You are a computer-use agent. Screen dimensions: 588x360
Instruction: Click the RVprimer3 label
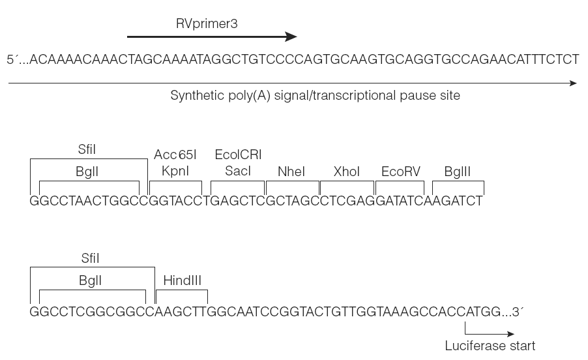[207, 24]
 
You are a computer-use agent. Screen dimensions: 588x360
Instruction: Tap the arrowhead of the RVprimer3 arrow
[291, 37]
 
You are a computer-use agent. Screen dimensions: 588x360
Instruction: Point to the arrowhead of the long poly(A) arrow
[574, 83]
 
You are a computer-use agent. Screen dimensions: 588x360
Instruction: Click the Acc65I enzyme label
[175, 155]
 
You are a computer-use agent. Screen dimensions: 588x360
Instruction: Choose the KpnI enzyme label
[175, 171]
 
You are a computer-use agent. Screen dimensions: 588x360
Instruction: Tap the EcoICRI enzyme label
[238, 155]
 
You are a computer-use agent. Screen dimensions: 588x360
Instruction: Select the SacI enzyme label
[238, 171]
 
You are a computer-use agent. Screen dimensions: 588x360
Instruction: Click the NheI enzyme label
[291, 172]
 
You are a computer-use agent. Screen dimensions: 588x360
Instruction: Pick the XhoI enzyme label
[347, 172]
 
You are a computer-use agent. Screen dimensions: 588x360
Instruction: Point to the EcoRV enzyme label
[400, 172]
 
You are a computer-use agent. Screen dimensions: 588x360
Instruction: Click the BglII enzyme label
[457, 172]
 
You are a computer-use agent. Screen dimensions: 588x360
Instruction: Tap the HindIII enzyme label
[183, 280]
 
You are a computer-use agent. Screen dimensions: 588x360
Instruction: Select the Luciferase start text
[490, 346]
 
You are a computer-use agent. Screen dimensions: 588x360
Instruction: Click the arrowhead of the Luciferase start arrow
[510, 334]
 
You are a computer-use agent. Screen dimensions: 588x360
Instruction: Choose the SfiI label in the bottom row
[90, 258]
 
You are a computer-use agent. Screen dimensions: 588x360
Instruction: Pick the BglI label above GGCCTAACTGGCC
[87, 172]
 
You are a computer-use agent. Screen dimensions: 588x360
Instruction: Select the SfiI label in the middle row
[87, 149]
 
